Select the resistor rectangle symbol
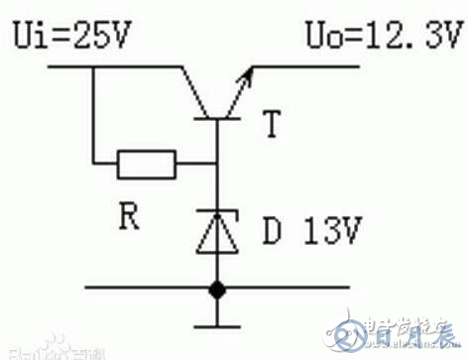coord(147,164)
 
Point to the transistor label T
coord(269,127)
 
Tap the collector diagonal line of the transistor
coord(193,89)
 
